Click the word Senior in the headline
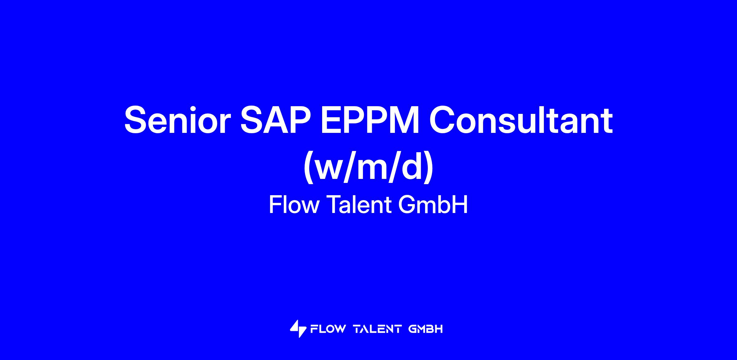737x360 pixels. pos(177,120)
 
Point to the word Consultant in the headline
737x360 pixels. pos(521,120)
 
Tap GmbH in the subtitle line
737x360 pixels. pos(433,205)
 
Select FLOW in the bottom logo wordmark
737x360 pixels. pos(328,329)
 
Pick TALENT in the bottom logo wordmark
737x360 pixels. pos(377,329)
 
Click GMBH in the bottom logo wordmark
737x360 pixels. pos(426,329)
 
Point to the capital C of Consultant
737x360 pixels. pos(442,120)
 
